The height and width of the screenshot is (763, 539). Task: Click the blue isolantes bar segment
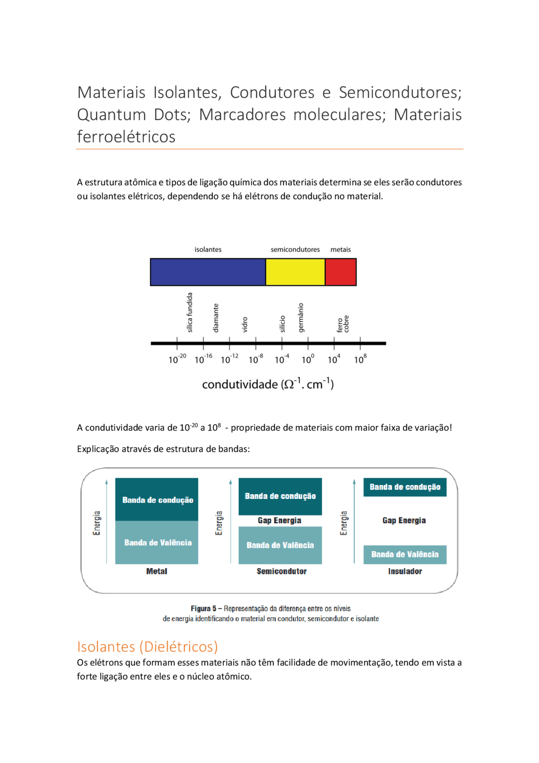point(208,272)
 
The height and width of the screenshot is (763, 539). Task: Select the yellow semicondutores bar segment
point(295,272)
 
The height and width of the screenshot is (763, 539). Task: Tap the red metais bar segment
point(341,272)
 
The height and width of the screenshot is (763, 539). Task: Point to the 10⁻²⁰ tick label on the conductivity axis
point(177,359)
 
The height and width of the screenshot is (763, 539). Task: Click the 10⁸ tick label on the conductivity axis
point(360,359)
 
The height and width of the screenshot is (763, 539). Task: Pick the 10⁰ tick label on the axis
point(308,359)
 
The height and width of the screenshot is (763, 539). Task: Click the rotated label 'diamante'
point(216,318)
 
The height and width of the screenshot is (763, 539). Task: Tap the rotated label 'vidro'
point(245,324)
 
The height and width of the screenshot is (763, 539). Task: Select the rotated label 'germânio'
point(301,317)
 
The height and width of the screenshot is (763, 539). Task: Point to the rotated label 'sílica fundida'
point(189,312)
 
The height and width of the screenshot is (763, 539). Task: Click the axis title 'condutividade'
point(240,384)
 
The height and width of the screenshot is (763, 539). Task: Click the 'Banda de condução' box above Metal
point(157,500)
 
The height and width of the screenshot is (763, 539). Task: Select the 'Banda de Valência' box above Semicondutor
point(280,545)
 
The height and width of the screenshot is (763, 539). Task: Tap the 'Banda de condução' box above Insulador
point(405,487)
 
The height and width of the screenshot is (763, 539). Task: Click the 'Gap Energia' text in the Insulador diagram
point(404,520)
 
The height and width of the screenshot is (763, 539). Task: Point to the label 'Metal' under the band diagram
point(157,571)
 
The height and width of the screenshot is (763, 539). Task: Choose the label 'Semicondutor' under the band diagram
point(281,571)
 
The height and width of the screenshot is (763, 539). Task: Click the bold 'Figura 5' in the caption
point(204,608)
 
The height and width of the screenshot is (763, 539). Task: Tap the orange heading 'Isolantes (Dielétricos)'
point(147,646)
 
